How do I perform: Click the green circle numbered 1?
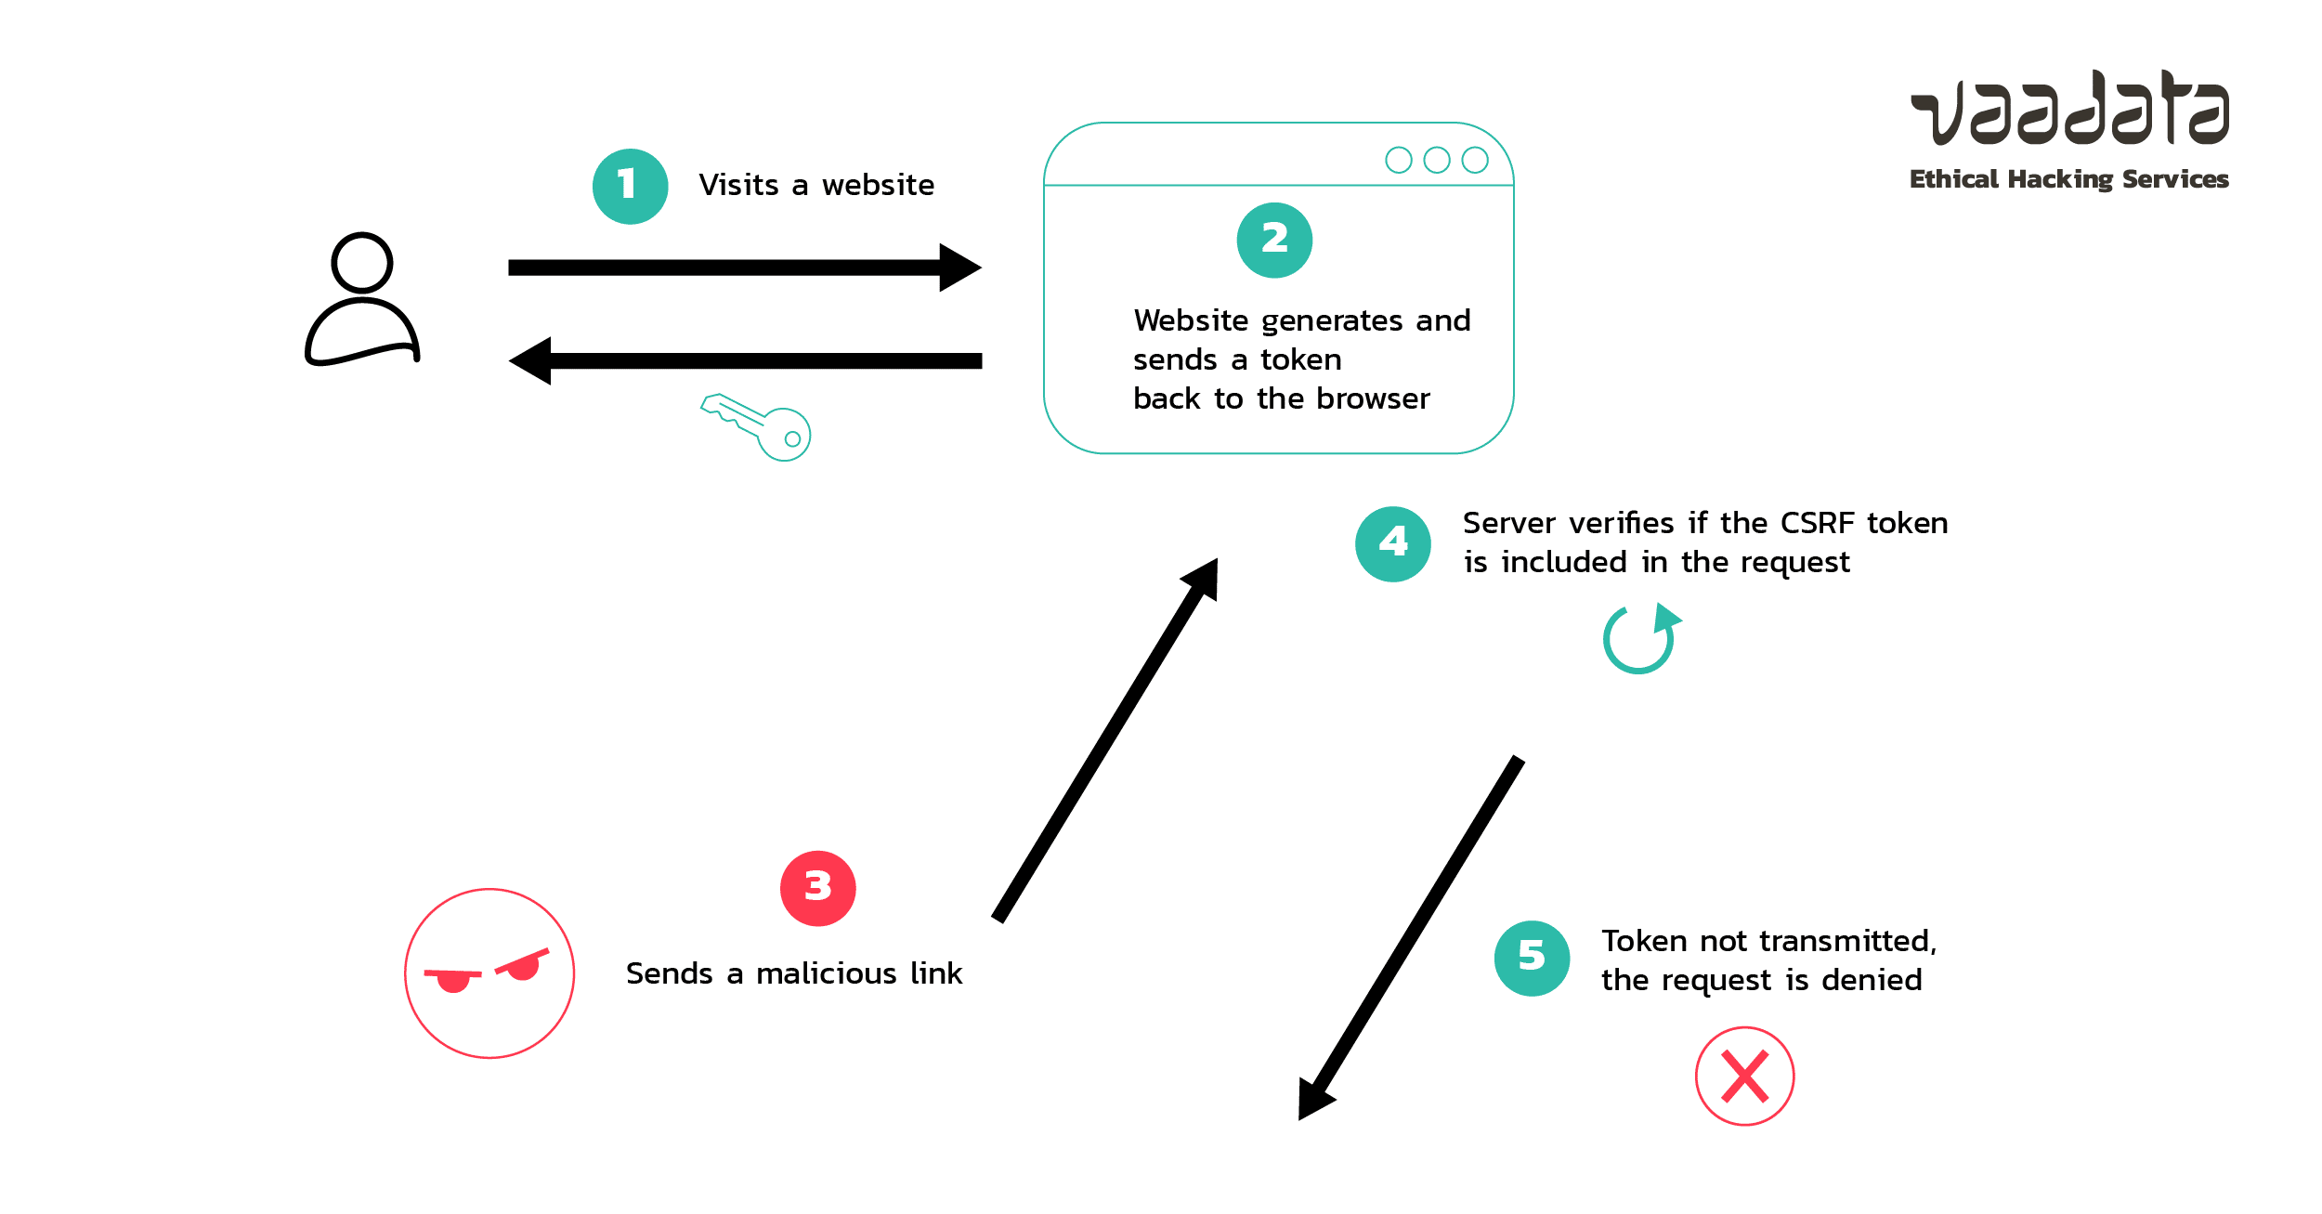coord(630,186)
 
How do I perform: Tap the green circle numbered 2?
coord(1274,240)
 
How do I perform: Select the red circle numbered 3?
coord(817,888)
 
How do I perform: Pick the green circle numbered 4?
coord(1392,543)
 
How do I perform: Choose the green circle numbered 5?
coord(1532,958)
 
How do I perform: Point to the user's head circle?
coord(361,263)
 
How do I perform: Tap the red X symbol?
coord(1744,1076)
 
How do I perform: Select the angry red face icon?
coord(489,973)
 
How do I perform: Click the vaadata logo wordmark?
coord(2069,109)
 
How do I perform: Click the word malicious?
coord(826,973)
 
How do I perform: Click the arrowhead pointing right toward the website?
coord(959,268)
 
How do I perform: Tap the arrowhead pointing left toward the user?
coord(531,360)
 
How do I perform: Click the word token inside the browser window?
coord(1300,359)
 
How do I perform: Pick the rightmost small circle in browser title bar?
coord(1474,160)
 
